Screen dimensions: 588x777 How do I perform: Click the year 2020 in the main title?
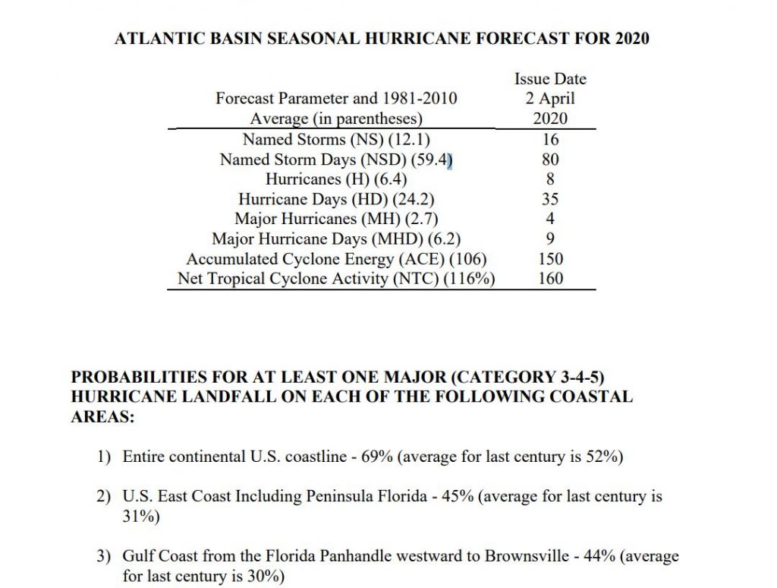[632, 37]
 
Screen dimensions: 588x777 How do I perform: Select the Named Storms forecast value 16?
[550, 139]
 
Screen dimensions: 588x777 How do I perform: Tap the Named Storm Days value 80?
[550, 160]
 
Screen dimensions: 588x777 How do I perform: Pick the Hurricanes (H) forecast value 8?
[550, 179]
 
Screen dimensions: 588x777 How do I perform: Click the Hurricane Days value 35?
[550, 199]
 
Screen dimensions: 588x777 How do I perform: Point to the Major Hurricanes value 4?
[550, 219]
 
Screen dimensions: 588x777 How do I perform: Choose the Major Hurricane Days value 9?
[550, 239]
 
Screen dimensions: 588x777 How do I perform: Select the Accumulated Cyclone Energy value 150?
[550, 258]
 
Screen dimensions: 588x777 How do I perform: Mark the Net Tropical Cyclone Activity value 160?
[550, 278]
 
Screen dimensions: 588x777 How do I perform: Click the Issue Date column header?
[550, 79]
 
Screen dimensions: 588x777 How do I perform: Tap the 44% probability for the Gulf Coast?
[602, 556]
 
